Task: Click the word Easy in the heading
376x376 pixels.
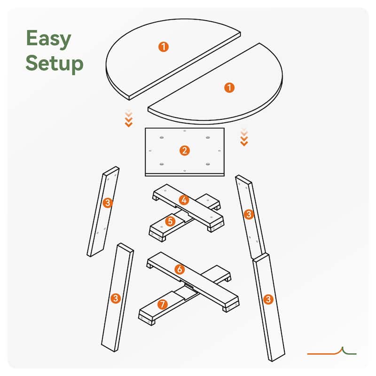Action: [x=49, y=39]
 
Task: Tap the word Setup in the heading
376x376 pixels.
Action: [x=55, y=63]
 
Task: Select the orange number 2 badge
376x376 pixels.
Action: [x=185, y=150]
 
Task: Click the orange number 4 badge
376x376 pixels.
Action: [x=184, y=200]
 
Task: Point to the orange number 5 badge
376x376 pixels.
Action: [x=170, y=221]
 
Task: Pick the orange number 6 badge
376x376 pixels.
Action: [x=180, y=269]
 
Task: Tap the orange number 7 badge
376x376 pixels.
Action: [x=163, y=304]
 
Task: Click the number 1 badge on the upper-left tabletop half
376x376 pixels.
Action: [x=164, y=47]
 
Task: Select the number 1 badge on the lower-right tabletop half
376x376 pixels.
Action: [x=229, y=87]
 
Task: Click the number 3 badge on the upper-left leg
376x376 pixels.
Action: [x=108, y=203]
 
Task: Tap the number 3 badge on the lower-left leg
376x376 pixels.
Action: [x=116, y=298]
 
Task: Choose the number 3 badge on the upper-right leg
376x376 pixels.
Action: [x=249, y=214]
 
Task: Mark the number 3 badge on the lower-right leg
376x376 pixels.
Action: [x=268, y=299]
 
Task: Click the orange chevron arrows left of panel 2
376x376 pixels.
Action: [x=129, y=118]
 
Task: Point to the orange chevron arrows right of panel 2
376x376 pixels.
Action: [x=244, y=137]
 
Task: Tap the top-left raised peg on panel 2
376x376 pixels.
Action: [x=162, y=138]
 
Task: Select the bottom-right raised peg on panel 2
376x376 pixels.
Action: [x=208, y=164]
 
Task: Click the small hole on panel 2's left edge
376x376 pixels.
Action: [x=150, y=151]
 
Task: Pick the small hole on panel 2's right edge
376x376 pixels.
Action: [x=219, y=151]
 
